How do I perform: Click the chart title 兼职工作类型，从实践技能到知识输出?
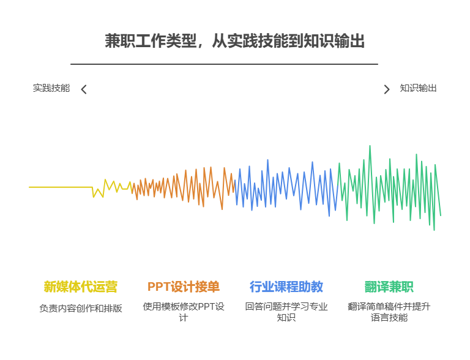(x=234, y=41)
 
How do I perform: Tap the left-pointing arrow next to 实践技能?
(x=84, y=89)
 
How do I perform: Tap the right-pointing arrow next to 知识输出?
(x=386, y=89)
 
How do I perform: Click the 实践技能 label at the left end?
(x=51, y=88)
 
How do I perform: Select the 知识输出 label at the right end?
(x=418, y=88)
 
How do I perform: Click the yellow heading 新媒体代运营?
(x=80, y=287)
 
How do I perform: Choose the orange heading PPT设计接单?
(x=183, y=287)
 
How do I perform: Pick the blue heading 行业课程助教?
(x=286, y=287)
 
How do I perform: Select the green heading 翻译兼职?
(x=389, y=287)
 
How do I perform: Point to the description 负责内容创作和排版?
(x=80, y=308)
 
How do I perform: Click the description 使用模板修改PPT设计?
(x=183, y=312)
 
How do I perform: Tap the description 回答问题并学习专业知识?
(x=286, y=312)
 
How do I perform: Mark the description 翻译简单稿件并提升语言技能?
(x=389, y=312)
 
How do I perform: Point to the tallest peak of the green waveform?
(x=370, y=147)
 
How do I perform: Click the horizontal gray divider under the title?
(x=224, y=64)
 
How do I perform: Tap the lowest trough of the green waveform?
(x=434, y=228)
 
